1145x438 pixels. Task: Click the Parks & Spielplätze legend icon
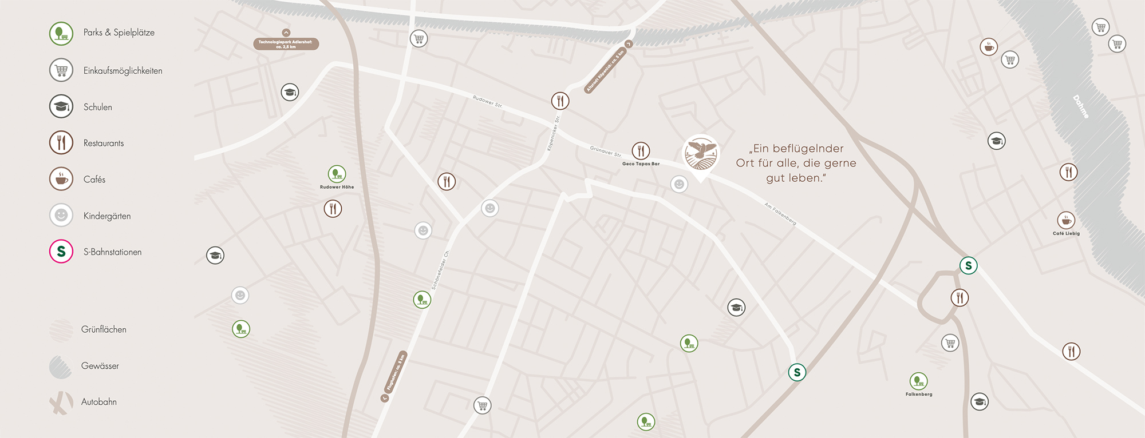[61, 33]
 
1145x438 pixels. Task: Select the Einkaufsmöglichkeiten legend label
[123, 71]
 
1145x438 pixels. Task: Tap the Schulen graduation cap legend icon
[61, 106]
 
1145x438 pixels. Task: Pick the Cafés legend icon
[61, 179]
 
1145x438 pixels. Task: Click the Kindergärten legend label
[107, 216]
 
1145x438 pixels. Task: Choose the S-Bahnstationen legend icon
[61, 252]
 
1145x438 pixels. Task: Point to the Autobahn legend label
[99, 402]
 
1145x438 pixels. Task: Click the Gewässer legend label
[100, 366]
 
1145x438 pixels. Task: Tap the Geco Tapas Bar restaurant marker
[641, 151]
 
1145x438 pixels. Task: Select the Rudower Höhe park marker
[337, 173]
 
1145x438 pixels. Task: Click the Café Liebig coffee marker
[1066, 220]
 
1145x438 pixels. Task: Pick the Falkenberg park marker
[919, 381]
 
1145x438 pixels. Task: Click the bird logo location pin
[701, 154]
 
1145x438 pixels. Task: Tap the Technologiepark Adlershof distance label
[286, 44]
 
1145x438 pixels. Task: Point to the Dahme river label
[1080, 107]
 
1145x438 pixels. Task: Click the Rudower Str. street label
[488, 102]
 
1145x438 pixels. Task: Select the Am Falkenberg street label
[780, 213]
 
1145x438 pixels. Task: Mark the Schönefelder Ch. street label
[440, 270]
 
